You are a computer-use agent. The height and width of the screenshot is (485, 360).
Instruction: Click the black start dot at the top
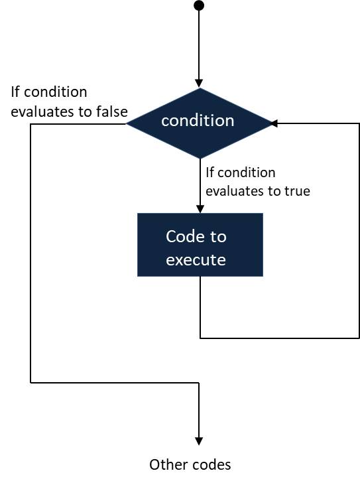coord(198,6)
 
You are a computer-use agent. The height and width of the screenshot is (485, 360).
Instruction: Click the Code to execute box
coord(200,244)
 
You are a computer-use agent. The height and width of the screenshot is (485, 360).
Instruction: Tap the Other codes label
coord(190,464)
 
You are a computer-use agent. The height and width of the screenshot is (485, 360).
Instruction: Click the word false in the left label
coord(111,111)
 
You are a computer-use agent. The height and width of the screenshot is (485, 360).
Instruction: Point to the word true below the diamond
coord(297,191)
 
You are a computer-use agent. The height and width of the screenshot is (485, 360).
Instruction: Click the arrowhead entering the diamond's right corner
coord(273,123)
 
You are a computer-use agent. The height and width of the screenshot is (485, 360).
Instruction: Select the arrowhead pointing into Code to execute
coord(200,209)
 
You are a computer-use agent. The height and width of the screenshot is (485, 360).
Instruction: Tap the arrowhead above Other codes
coord(198,441)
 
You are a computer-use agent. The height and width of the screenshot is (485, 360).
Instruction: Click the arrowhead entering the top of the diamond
coord(198,83)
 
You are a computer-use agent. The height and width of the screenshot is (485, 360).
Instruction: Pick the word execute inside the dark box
coord(196,259)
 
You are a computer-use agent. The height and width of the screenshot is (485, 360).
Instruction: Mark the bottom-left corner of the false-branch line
coord(30,382)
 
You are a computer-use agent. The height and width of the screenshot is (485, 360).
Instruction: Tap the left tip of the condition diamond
coord(127,123)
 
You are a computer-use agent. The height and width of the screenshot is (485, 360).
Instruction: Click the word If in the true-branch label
coord(210,173)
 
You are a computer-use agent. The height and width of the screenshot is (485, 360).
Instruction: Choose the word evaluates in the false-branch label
coord(40,111)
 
